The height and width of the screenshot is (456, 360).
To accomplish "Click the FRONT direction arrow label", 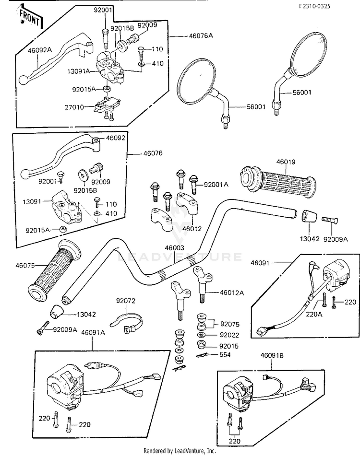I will (29, 17).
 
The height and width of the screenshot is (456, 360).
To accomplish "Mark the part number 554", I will (225, 355).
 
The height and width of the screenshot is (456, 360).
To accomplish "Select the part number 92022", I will (228, 335).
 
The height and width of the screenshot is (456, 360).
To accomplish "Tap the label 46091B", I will (272, 356).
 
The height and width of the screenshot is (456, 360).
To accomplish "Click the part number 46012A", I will (232, 292).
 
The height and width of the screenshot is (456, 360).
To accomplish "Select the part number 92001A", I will (216, 184).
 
